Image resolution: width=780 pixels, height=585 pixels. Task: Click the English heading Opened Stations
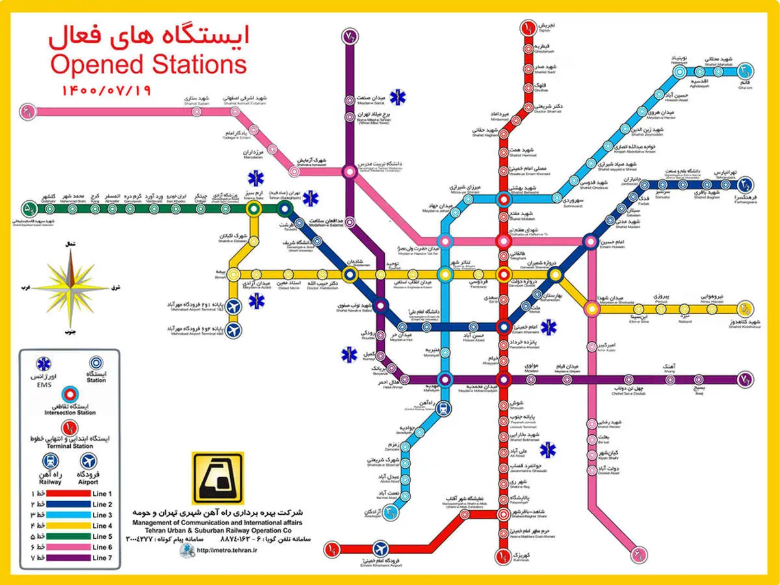pos(148,64)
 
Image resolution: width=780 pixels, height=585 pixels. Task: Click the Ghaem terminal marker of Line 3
pos(744,69)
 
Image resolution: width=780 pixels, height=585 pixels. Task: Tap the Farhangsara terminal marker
pos(744,185)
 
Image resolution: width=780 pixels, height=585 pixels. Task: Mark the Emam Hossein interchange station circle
pos(590,242)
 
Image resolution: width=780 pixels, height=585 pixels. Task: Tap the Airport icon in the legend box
pos(89,461)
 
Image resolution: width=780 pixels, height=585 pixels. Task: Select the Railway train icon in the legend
pos(49,461)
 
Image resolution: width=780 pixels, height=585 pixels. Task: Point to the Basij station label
pos(699,392)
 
